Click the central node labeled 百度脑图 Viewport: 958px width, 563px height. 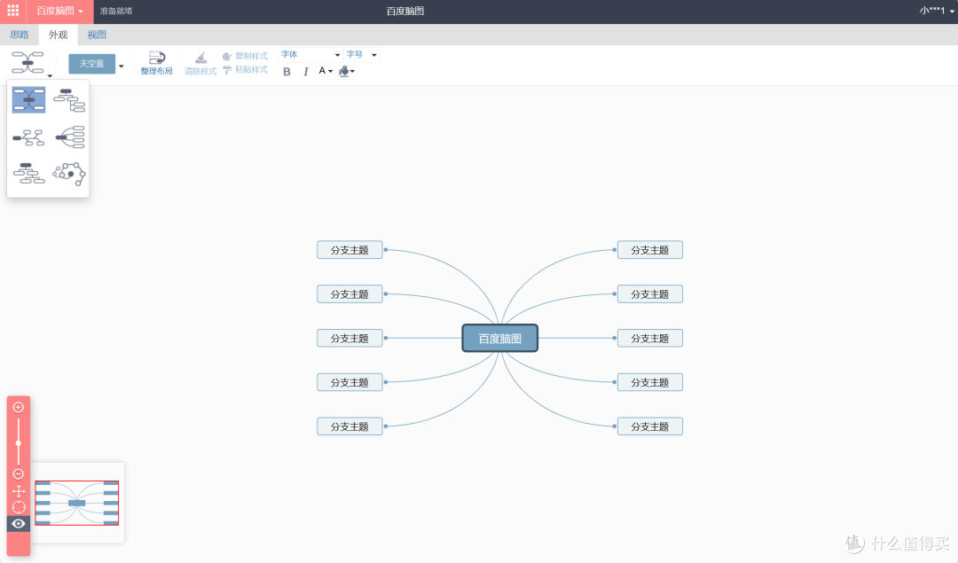click(x=499, y=339)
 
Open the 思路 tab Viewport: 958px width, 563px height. click(x=20, y=35)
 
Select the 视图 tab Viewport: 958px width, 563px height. click(x=97, y=35)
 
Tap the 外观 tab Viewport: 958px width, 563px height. click(x=58, y=35)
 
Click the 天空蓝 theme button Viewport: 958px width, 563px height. click(x=91, y=64)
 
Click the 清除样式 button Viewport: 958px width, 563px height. click(x=200, y=64)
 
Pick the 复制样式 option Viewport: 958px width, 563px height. click(x=245, y=56)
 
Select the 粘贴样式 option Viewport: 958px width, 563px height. click(x=245, y=70)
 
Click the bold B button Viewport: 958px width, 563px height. click(x=287, y=72)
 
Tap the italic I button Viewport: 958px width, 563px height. click(x=305, y=72)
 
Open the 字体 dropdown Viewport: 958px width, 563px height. click(x=310, y=54)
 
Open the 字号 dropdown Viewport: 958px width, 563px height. click(x=362, y=54)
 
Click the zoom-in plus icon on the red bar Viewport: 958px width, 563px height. click(x=19, y=407)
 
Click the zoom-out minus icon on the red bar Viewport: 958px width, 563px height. click(x=19, y=473)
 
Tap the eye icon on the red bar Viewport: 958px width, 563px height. click(x=19, y=523)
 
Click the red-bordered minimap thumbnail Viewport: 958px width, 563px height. click(x=77, y=503)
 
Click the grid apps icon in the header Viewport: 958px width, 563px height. click(x=12, y=11)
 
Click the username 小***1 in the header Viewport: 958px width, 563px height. click(x=932, y=11)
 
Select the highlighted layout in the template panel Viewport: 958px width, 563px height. click(x=28, y=99)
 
